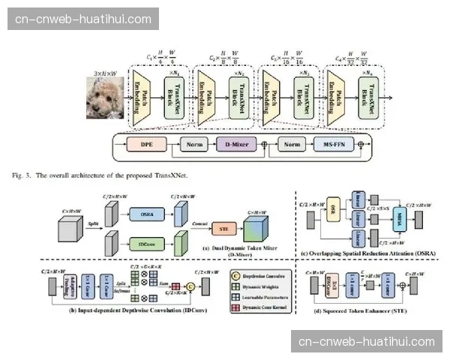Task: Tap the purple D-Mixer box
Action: point(233,143)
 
